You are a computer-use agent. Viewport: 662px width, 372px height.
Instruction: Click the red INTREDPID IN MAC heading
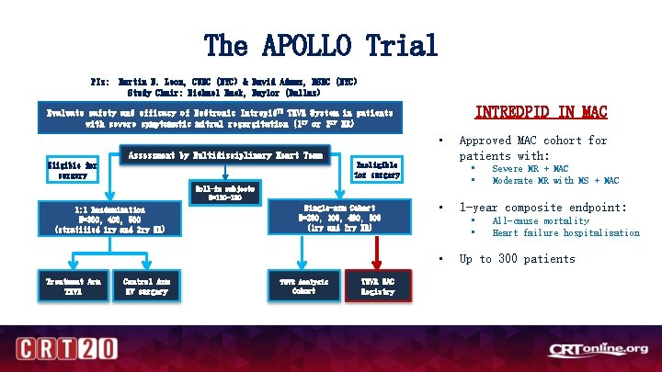click(541, 112)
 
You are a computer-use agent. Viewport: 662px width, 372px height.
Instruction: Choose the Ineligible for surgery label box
click(378, 170)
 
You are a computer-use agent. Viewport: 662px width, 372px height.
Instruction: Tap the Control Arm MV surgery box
click(151, 286)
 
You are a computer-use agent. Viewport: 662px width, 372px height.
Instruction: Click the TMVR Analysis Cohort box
click(302, 286)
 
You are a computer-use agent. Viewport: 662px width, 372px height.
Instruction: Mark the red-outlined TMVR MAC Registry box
click(378, 286)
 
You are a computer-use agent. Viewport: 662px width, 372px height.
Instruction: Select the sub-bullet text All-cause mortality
click(541, 220)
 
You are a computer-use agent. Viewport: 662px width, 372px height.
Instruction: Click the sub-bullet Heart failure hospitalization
click(565, 232)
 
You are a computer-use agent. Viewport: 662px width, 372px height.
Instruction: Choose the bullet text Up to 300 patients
click(517, 258)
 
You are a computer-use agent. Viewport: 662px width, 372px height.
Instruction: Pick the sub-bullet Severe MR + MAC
click(530, 169)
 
